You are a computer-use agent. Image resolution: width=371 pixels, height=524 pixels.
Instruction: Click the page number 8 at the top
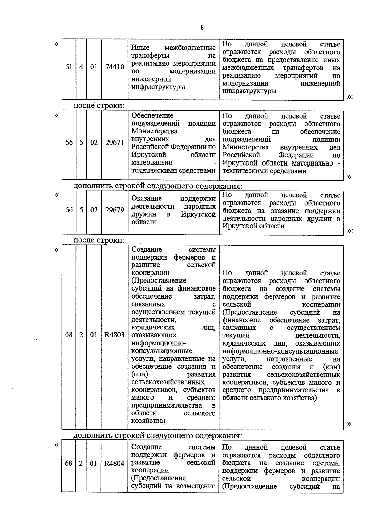coord(202,27)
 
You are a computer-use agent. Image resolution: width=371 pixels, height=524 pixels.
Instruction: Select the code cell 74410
coord(114,67)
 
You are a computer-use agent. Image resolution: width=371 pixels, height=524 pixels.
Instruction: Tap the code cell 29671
coord(114,143)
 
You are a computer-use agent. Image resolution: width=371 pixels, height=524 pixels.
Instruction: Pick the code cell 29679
coord(114,210)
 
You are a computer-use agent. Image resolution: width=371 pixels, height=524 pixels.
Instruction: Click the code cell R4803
coord(114,335)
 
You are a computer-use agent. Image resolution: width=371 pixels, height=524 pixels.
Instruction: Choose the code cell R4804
coord(114,463)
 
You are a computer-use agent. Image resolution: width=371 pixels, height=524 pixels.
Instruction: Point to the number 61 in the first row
coord(69,67)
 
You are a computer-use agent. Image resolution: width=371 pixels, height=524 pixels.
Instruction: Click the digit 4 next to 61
coord(81,67)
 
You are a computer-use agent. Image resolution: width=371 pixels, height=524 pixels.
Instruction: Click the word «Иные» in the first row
coord(140,48)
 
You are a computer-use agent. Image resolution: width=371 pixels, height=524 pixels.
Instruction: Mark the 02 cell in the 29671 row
coord(94,143)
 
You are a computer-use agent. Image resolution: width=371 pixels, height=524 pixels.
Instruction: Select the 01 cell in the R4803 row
coord(94,335)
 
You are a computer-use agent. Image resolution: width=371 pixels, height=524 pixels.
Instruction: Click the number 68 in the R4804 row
coord(69,463)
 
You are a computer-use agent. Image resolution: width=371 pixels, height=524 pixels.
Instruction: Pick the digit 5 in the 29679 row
coord(81,210)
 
